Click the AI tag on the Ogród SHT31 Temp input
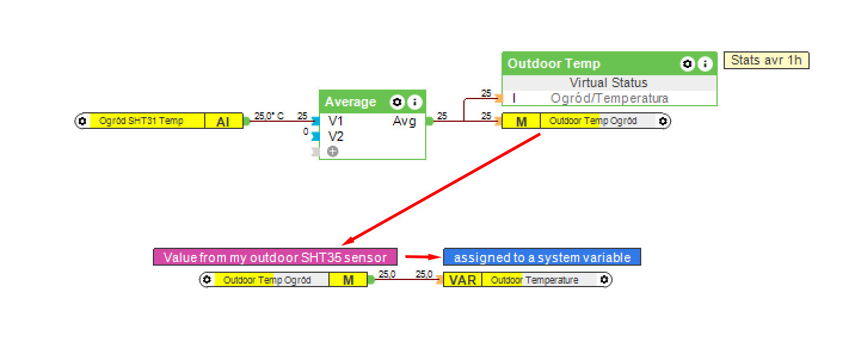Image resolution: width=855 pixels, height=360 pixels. pyautogui.click(x=224, y=121)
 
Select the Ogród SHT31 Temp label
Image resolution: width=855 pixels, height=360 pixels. pyautogui.click(x=141, y=121)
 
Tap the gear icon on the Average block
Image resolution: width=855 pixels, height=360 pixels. pyautogui.click(x=397, y=102)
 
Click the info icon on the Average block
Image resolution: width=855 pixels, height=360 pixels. pyautogui.click(x=414, y=102)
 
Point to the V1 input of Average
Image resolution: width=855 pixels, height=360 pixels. pyautogui.click(x=336, y=121)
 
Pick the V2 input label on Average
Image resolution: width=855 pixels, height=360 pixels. pyautogui.click(x=336, y=137)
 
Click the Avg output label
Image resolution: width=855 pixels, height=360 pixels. pyautogui.click(x=404, y=121)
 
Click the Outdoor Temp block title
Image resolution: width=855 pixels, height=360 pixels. pyautogui.click(x=553, y=63)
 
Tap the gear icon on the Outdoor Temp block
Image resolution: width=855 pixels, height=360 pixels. pyautogui.click(x=688, y=63)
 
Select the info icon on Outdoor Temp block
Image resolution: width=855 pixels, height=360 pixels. pyautogui.click(x=705, y=63)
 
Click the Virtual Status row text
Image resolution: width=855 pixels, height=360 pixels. pyautogui.click(x=608, y=82)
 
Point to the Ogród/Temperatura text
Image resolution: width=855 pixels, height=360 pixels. pyautogui.click(x=609, y=98)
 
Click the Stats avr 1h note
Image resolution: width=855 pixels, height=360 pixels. pyautogui.click(x=766, y=60)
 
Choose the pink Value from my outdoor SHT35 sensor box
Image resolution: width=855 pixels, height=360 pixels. pyautogui.click(x=275, y=257)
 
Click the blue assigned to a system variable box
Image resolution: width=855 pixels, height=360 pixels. pyautogui.click(x=542, y=257)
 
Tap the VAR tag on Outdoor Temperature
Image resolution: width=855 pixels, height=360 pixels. pyautogui.click(x=462, y=280)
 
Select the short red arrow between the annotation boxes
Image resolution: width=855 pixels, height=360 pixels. pyautogui.click(x=420, y=257)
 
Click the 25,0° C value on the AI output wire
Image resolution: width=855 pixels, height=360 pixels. pyautogui.click(x=269, y=116)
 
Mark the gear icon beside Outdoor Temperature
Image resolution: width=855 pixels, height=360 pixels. pyautogui.click(x=604, y=280)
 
